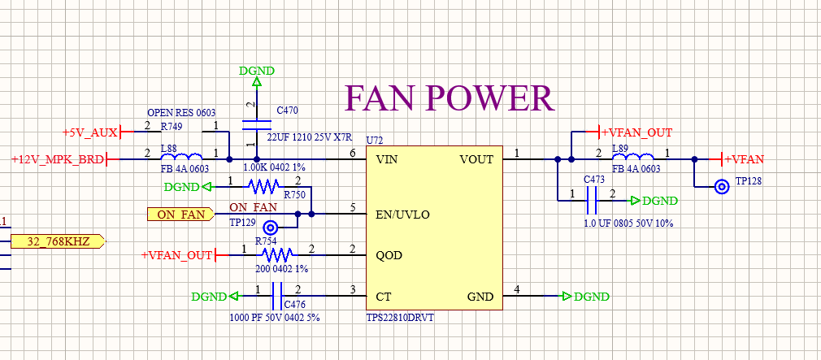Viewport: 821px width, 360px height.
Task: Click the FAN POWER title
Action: tap(450, 98)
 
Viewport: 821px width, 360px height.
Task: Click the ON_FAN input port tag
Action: tap(180, 214)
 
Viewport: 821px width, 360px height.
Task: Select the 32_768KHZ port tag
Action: tap(58, 241)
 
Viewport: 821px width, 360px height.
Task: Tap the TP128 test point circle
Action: tap(723, 187)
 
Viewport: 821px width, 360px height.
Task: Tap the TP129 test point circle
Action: tap(271, 228)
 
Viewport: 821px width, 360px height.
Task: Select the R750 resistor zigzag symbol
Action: tap(263, 186)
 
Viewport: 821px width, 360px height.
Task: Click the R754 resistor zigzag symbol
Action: tap(277, 255)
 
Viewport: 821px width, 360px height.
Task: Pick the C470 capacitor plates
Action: tap(257, 124)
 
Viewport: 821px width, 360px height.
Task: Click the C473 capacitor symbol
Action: tap(592, 201)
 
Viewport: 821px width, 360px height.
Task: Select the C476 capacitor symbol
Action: tap(277, 297)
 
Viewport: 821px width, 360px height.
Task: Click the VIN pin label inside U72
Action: tap(387, 159)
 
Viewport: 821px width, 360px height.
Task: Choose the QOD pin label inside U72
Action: tap(389, 255)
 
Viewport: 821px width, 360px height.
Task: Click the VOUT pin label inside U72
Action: tap(476, 159)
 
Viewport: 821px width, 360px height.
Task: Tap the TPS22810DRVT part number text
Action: tap(400, 317)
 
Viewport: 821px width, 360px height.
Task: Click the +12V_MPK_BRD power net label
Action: tap(58, 159)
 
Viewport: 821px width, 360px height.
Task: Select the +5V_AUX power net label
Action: tap(90, 132)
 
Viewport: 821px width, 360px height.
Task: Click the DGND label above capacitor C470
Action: tap(257, 71)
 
